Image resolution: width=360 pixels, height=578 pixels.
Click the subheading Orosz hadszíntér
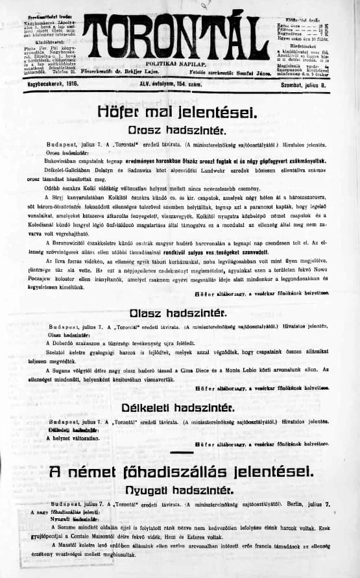point(180,129)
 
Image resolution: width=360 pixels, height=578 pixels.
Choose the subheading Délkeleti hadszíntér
point(180,407)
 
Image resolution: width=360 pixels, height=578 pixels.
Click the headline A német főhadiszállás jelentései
point(180,471)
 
